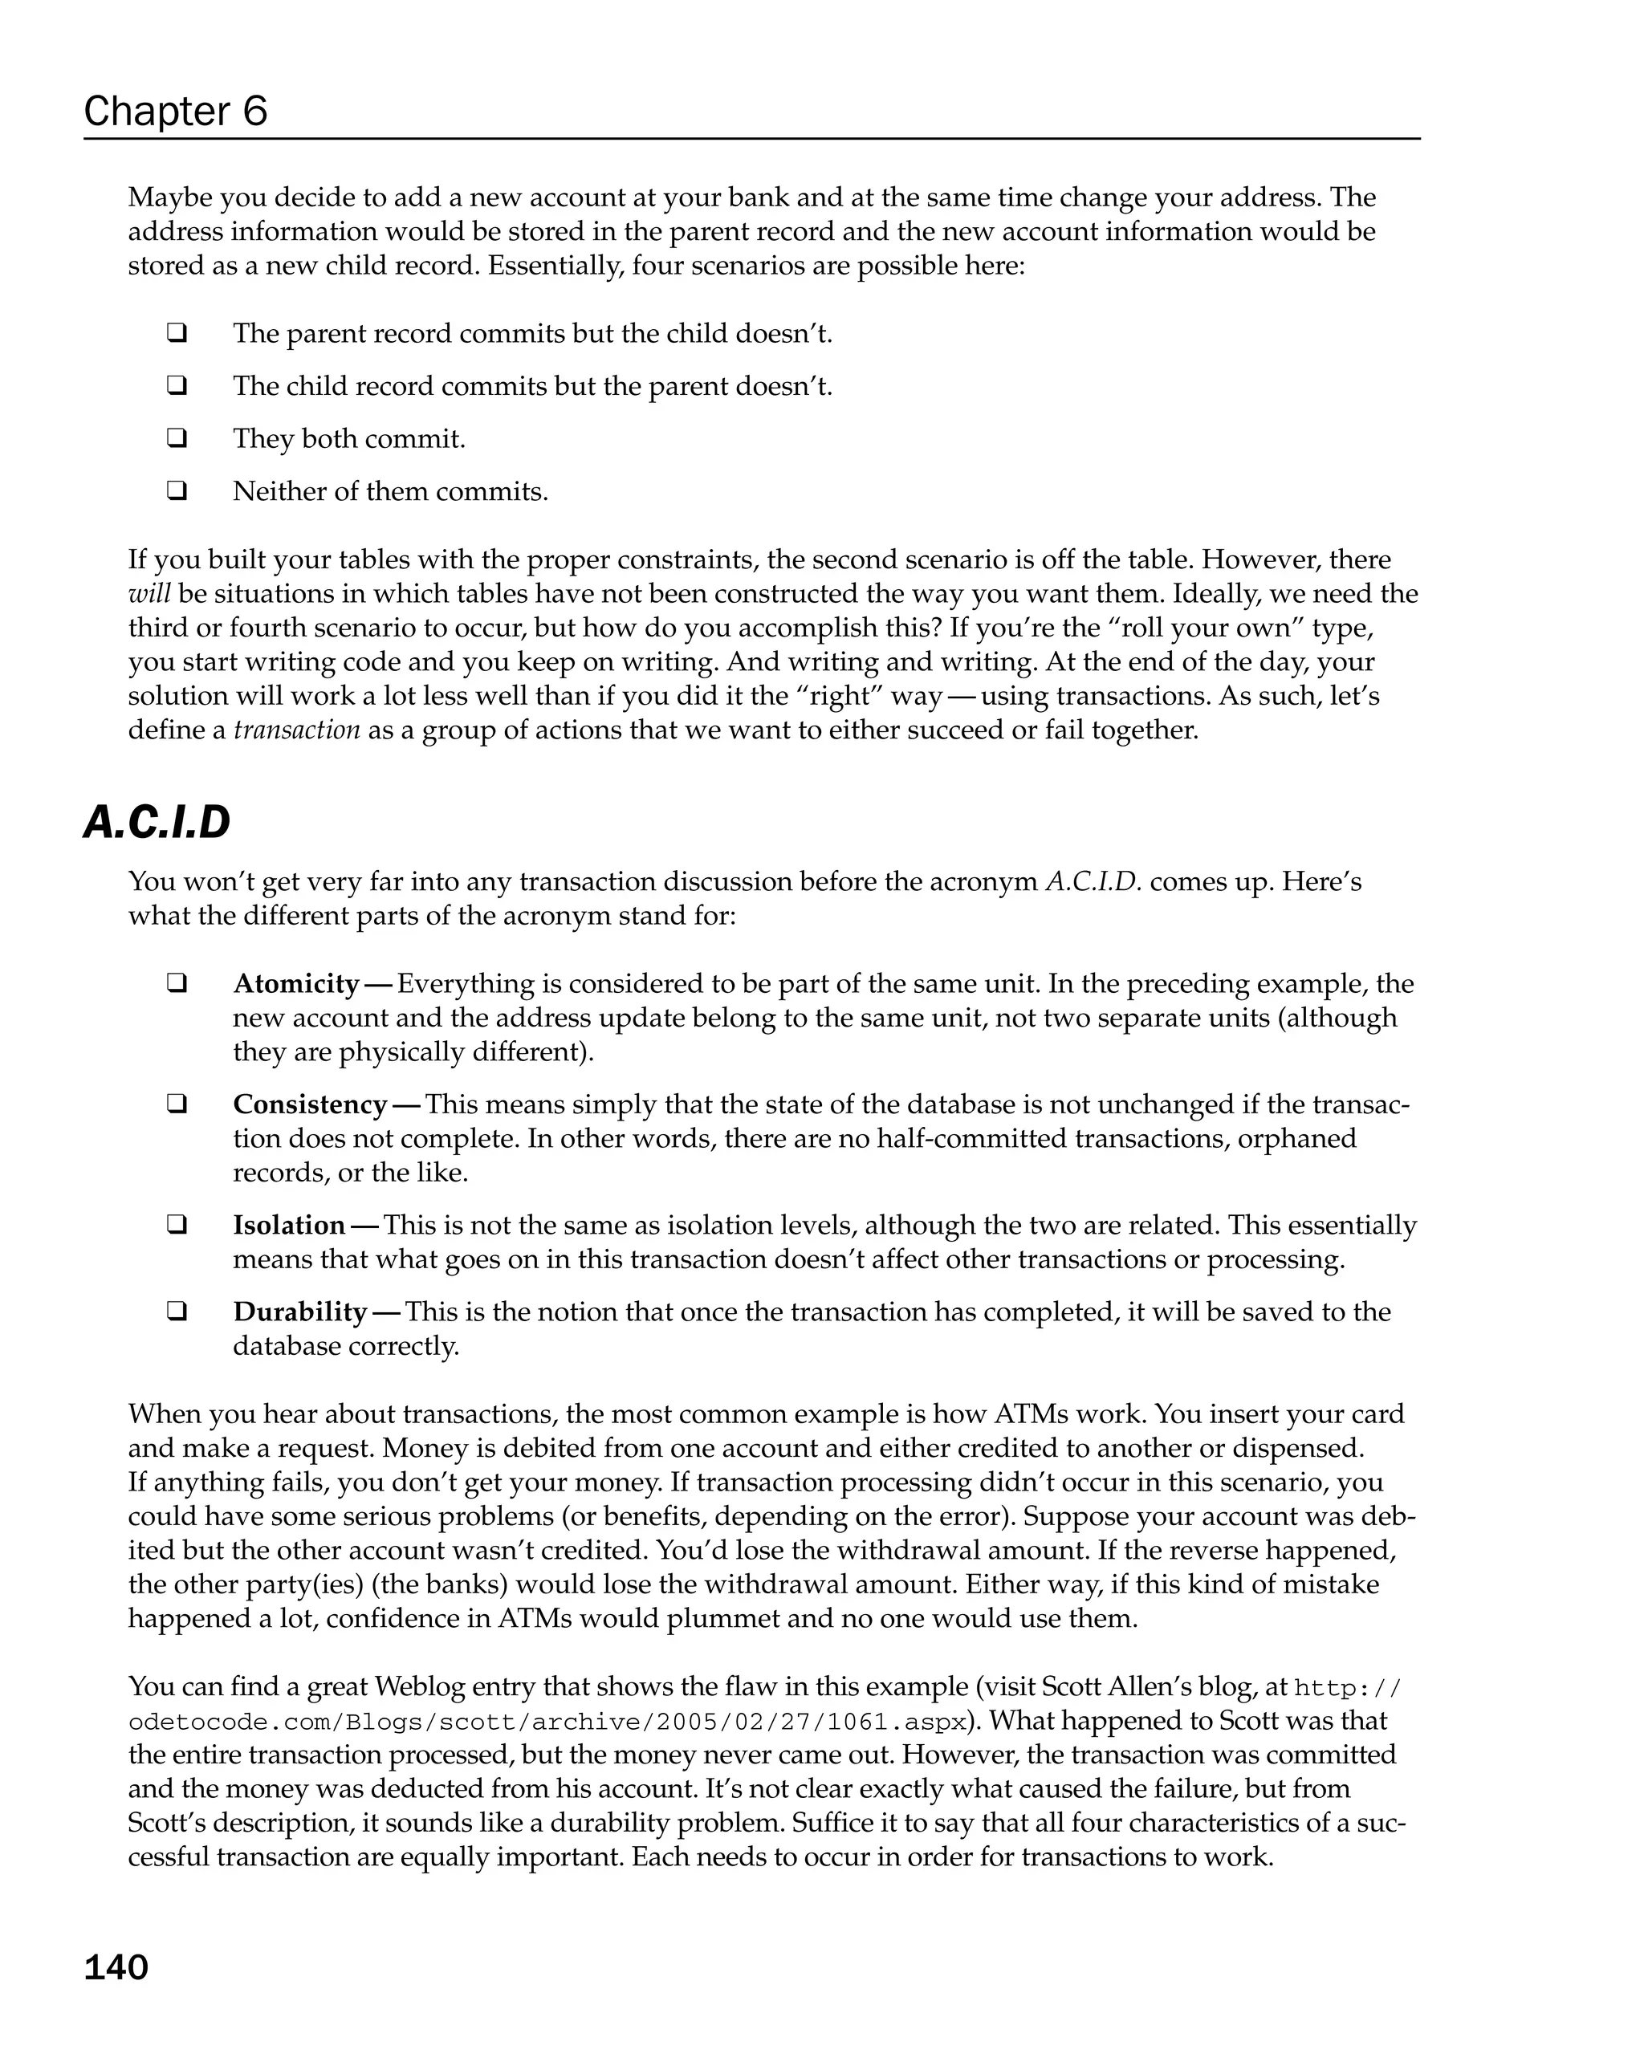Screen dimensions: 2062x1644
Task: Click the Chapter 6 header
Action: (x=175, y=111)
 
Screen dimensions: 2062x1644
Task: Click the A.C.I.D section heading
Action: (x=157, y=823)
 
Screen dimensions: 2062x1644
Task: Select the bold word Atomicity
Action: (x=295, y=983)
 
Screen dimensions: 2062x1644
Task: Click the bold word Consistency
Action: (x=310, y=1104)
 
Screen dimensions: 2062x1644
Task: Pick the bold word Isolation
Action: (x=289, y=1224)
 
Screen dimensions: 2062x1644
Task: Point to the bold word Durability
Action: (x=300, y=1312)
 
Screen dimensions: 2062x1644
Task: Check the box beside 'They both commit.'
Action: (x=176, y=438)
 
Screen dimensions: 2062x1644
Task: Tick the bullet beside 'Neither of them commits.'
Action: (x=176, y=490)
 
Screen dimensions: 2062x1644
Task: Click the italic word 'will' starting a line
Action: (x=149, y=593)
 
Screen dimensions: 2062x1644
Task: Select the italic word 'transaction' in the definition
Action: (x=296, y=730)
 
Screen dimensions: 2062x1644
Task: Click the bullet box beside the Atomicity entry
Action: (x=176, y=983)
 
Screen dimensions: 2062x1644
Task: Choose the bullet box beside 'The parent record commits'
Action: (x=176, y=333)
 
